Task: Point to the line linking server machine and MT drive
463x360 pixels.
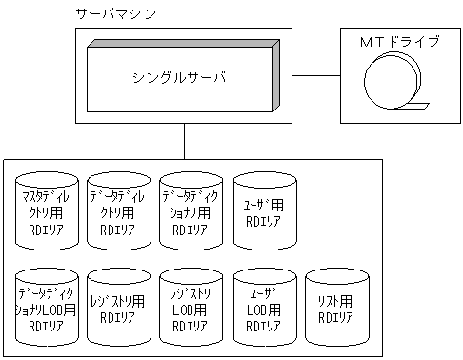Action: (x=316, y=74)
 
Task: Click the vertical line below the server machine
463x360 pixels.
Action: (x=183, y=143)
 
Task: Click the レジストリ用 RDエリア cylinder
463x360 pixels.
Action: (x=118, y=307)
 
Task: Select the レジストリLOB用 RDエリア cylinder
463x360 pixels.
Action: (x=191, y=307)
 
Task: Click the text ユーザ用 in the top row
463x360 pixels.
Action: (x=264, y=205)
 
